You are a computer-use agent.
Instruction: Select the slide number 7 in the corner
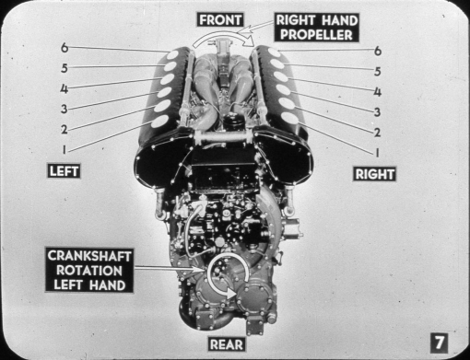[439, 342]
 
